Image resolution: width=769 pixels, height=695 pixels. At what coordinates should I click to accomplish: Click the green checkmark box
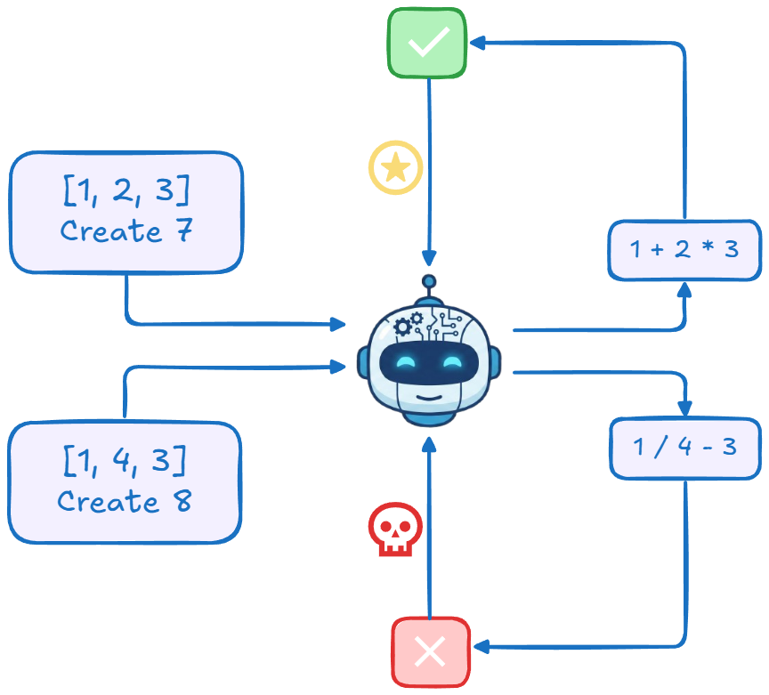tap(427, 43)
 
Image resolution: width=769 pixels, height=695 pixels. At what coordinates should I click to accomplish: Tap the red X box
tap(431, 652)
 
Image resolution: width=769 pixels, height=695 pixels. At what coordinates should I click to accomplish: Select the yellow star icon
tap(396, 167)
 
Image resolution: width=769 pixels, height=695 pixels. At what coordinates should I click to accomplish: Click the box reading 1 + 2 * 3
tap(684, 249)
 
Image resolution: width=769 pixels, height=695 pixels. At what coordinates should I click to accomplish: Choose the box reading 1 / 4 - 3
tap(684, 447)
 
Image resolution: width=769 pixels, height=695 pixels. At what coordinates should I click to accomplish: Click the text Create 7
tap(125, 230)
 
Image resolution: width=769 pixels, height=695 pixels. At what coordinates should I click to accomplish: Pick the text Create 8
tap(125, 501)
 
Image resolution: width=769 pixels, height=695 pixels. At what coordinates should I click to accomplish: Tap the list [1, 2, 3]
tap(125, 190)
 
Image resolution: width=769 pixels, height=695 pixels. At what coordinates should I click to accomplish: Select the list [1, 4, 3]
tap(125, 461)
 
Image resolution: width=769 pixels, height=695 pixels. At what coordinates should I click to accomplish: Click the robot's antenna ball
tap(429, 282)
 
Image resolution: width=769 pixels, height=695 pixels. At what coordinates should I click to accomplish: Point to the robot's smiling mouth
tap(430, 395)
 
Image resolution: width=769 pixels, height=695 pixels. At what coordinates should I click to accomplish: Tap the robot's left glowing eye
tap(406, 361)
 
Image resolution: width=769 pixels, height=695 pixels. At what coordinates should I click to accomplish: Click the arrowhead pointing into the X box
tap(478, 647)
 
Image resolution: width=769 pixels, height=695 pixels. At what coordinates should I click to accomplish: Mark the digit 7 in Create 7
tap(183, 230)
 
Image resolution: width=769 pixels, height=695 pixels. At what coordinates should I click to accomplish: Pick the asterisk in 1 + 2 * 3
tap(708, 249)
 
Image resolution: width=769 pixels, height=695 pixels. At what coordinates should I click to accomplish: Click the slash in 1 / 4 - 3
tap(658, 447)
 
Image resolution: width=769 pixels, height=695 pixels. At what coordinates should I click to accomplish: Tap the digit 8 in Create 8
tap(182, 501)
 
